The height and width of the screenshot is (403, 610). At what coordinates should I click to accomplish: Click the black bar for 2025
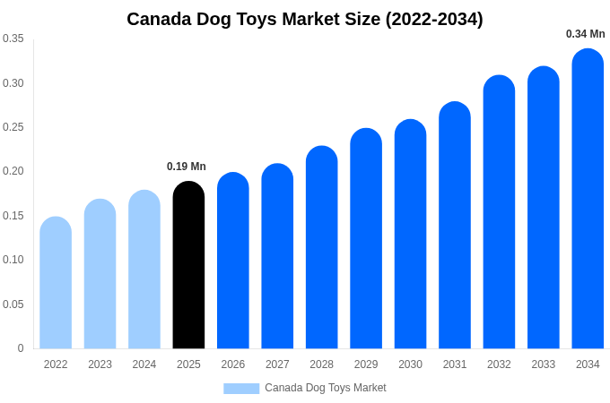click(188, 265)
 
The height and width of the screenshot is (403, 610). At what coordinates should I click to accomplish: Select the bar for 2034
click(588, 199)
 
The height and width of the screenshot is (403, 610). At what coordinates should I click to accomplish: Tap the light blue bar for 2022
click(56, 283)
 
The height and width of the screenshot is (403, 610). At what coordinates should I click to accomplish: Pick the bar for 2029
click(366, 238)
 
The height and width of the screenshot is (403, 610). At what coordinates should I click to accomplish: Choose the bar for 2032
click(499, 212)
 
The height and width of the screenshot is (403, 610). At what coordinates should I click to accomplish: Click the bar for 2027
click(277, 256)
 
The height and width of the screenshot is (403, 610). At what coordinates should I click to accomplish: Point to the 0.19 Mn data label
click(187, 167)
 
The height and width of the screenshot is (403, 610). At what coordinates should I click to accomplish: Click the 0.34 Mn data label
click(585, 34)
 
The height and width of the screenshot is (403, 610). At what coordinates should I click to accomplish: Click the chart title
click(305, 19)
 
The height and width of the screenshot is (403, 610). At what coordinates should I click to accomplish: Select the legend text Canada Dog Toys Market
click(326, 388)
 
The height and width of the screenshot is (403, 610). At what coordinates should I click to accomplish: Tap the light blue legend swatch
click(241, 389)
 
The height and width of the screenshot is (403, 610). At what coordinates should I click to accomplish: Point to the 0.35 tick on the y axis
click(13, 39)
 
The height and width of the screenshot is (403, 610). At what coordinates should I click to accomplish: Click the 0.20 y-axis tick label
click(13, 171)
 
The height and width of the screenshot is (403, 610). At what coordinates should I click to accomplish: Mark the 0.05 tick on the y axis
click(13, 304)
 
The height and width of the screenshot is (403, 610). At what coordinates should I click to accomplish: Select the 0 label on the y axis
click(21, 348)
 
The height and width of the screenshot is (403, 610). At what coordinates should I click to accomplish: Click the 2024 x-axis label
click(144, 364)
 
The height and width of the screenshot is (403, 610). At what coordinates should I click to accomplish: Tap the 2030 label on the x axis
click(410, 364)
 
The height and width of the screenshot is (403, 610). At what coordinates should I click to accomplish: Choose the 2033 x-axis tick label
click(544, 364)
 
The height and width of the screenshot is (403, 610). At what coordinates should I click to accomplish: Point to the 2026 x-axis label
click(233, 364)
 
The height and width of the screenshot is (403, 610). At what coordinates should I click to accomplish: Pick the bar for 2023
click(100, 274)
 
